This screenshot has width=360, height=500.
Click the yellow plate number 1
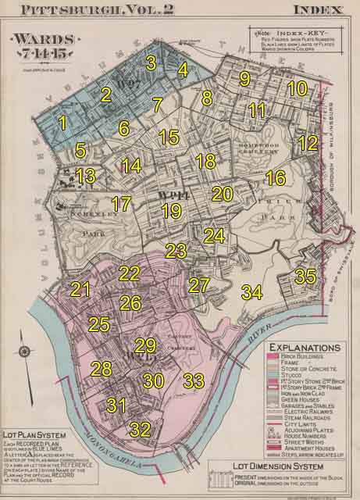(x=63, y=122)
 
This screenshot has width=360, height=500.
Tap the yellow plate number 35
(x=305, y=276)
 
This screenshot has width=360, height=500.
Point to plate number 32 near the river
(x=140, y=429)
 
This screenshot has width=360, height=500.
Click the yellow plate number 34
(x=251, y=292)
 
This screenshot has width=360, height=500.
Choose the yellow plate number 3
(x=151, y=62)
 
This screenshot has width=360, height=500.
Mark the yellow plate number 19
(x=171, y=210)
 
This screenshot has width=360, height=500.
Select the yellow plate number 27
(x=200, y=284)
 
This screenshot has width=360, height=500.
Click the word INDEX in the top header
(x=319, y=10)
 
